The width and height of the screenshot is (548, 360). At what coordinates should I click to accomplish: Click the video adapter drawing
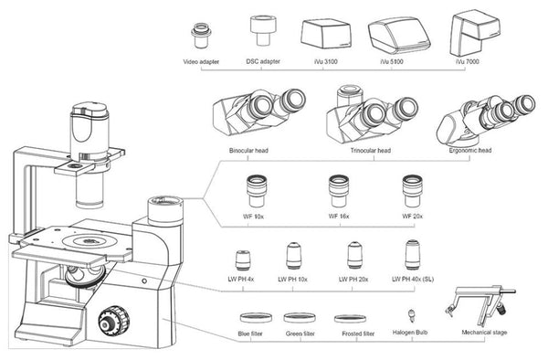pos(201,36)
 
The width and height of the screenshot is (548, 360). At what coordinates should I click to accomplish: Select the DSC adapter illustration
pos(264,30)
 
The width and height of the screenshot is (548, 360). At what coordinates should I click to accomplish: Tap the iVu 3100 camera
pos(326,34)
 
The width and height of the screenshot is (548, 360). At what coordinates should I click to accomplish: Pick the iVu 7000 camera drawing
pos(476,32)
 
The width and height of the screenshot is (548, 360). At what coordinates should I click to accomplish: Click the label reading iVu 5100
pos(392,62)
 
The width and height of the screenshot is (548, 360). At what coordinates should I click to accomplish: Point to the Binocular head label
pos(248,151)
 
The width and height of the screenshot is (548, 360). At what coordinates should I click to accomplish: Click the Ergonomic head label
pos(470,150)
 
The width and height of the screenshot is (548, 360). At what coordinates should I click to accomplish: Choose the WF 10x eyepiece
pos(257,191)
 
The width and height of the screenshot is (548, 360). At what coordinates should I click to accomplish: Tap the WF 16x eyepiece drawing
pos(339,191)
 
